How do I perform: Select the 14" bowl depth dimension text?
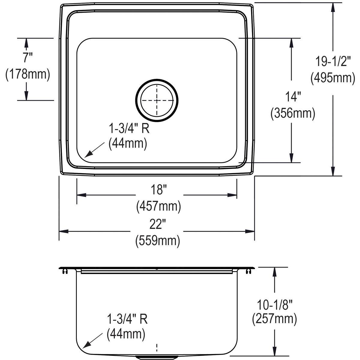(x=292, y=97)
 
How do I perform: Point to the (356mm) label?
(x=292, y=114)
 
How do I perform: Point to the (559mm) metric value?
(x=158, y=241)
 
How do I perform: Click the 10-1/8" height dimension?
(x=274, y=305)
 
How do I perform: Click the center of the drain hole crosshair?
(x=157, y=100)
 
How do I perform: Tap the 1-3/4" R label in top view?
(x=129, y=129)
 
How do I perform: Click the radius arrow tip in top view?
(x=85, y=157)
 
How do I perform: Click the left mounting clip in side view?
(x=64, y=271)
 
